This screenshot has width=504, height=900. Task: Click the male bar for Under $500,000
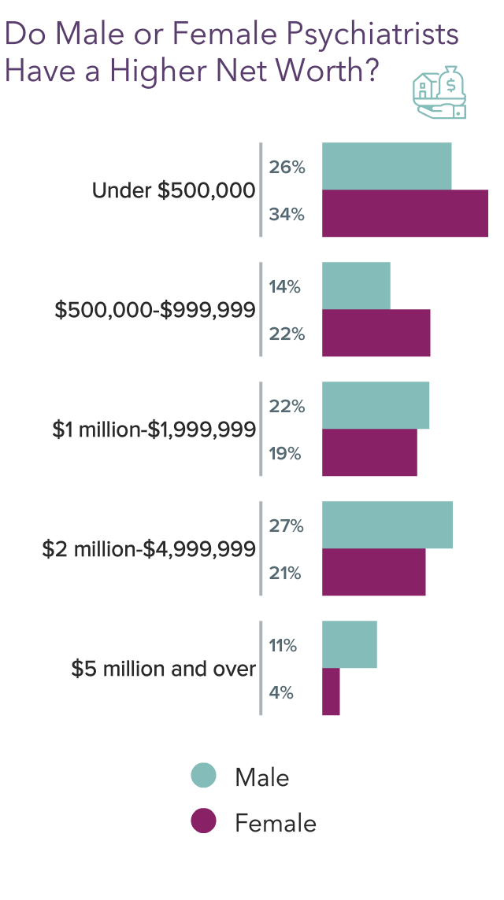pos(387,167)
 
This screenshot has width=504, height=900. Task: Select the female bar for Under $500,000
pos(405,214)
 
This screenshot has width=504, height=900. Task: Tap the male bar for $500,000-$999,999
pos(356,286)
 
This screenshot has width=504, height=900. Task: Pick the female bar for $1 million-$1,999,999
pos(369,453)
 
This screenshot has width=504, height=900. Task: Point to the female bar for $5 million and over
pos(331,692)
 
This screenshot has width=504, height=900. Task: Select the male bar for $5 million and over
pos(349,645)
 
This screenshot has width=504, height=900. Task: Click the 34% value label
pos(287,214)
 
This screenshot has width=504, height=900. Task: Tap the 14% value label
pos(285,286)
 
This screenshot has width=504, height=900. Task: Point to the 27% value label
pos(287,526)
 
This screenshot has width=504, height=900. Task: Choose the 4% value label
pos(282,692)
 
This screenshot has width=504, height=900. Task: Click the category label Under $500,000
pos(173,190)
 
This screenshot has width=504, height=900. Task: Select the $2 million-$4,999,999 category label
pos(149,549)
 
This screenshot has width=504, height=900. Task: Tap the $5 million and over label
pos(163,669)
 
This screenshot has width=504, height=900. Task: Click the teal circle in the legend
pos(203,776)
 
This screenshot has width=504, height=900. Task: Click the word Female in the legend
pos(276,823)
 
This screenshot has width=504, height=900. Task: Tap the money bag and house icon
pos(439,93)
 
